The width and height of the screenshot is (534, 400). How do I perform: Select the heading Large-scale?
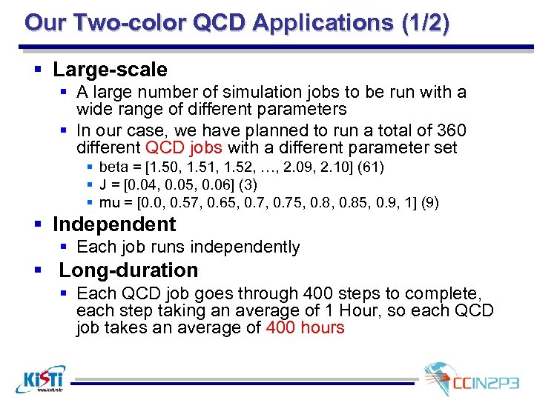pos(110,70)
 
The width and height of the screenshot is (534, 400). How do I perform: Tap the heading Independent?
pos(113,224)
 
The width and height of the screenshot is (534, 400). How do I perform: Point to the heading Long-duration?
pos(128,270)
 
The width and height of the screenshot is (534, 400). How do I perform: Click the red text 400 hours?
pos(305,327)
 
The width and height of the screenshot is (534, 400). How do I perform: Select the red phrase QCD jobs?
pos(185,147)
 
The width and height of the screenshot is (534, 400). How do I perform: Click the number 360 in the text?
pos(450,130)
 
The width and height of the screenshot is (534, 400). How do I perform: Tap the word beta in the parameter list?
pos(113,167)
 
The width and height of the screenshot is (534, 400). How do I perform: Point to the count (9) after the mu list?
pos(429,202)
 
